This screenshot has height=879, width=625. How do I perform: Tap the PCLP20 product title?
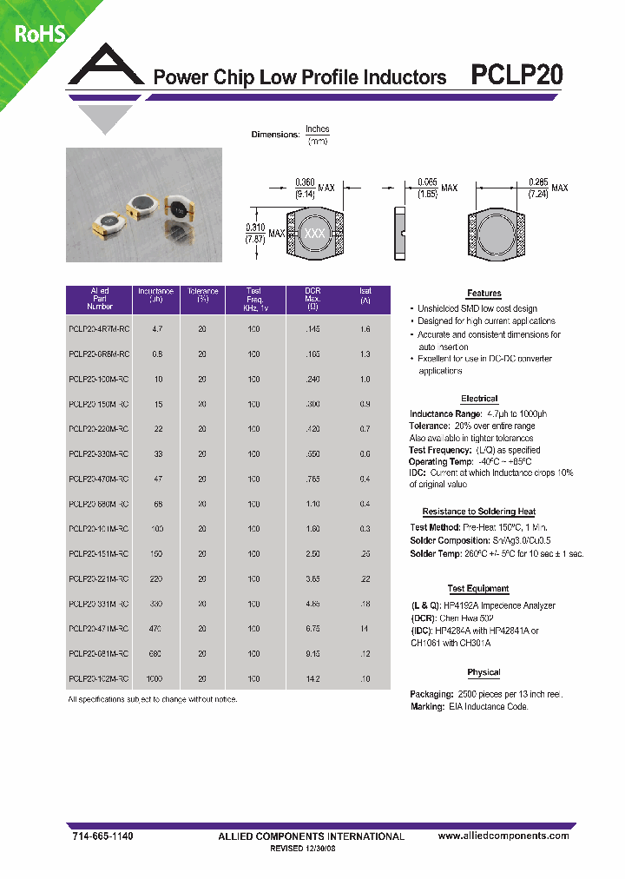click(516, 76)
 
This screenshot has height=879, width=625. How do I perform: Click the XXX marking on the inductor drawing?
click(313, 234)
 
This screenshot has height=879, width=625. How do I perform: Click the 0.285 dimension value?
click(538, 182)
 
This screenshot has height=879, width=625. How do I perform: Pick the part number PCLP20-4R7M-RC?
click(100, 330)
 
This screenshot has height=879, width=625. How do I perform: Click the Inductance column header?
click(155, 295)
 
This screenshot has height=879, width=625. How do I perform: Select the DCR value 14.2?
click(313, 679)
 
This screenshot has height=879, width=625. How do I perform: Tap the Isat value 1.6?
click(365, 330)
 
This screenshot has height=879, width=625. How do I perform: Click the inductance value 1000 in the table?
click(156, 679)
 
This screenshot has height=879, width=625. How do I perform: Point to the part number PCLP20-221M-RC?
click(100, 579)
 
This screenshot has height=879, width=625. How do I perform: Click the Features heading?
click(484, 294)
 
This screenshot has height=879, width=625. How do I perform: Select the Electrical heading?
click(479, 399)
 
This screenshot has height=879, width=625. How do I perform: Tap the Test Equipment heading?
click(479, 589)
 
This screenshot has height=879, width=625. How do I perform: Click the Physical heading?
click(484, 672)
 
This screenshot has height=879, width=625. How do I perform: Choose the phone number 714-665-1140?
click(101, 836)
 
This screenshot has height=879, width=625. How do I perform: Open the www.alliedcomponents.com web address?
click(503, 836)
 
